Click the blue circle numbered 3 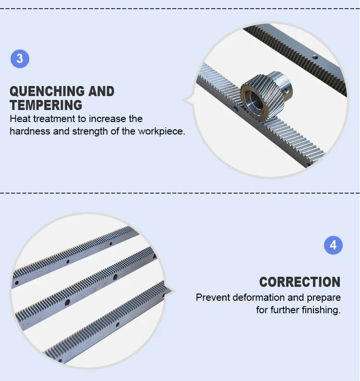click(x=20, y=59)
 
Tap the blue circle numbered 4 click(x=333, y=246)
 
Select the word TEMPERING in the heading click(x=46, y=105)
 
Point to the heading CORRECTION click(x=300, y=282)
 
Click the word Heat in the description click(x=20, y=119)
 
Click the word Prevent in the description click(x=213, y=297)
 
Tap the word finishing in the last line click(x=322, y=310)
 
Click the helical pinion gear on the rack click(x=264, y=94)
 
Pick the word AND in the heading click(x=100, y=91)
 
